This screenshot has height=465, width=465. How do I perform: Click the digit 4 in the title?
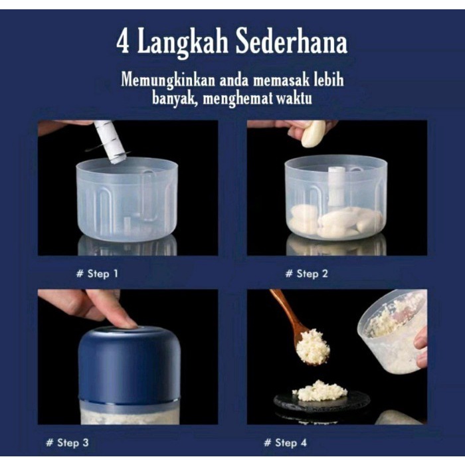[x=123, y=43]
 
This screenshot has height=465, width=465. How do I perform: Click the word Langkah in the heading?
[x=183, y=44]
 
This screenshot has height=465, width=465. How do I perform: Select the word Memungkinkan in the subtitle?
[x=168, y=81]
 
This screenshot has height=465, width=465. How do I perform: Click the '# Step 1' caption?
[x=97, y=274]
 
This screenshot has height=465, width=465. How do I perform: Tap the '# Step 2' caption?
[x=307, y=274]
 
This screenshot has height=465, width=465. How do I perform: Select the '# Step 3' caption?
[x=67, y=443]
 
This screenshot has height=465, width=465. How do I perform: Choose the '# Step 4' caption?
[x=285, y=443]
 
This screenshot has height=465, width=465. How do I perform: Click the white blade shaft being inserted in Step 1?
[x=111, y=141]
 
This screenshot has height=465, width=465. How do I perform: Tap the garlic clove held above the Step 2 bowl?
[x=313, y=134]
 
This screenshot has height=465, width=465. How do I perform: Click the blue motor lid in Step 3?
[x=130, y=365]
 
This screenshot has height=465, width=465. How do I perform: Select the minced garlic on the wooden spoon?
[x=313, y=347]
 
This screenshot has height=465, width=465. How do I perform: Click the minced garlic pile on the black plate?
[x=320, y=391]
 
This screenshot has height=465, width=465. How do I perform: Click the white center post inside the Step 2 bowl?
[x=337, y=186]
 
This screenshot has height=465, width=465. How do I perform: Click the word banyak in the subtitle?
[x=175, y=98]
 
